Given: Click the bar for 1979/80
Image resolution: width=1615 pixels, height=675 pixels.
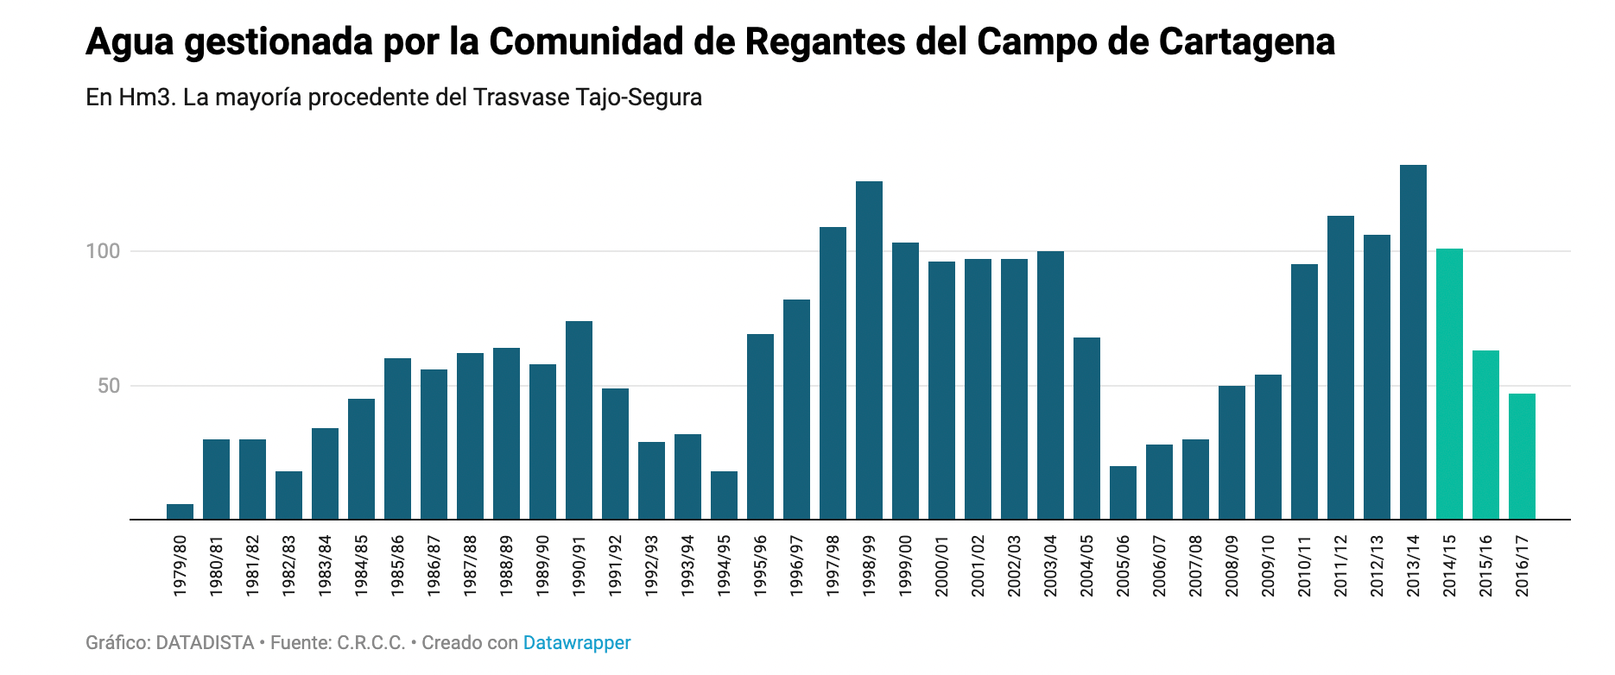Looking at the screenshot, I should click(180, 512).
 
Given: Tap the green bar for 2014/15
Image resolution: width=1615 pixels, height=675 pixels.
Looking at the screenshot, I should click(1449, 384).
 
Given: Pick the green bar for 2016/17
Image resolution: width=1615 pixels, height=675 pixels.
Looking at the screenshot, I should click(1522, 457).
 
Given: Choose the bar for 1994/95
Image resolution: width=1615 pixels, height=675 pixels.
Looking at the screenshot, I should click(724, 495).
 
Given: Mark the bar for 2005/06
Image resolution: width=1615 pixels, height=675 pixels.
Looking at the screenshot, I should click(1123, 493).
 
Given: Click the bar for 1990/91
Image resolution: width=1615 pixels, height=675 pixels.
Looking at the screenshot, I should click(579, 420).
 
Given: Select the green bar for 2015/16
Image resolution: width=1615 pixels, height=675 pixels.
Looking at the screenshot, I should click(1485, 435).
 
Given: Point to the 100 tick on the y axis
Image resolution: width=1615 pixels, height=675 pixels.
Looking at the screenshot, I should click(103, 251).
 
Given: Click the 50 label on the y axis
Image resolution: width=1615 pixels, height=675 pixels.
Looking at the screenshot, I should click(109, 386).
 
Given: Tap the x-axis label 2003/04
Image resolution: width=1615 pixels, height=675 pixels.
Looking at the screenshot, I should click(1050, 565).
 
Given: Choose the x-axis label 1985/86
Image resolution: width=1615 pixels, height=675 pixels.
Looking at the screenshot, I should click(397, 565).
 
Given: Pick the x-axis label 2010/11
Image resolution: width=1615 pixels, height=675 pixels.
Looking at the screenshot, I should click(1304, 565).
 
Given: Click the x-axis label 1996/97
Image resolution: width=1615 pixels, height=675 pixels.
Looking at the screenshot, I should click(796, 565).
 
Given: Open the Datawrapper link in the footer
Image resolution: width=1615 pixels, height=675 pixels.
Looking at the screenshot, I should click(577, 643).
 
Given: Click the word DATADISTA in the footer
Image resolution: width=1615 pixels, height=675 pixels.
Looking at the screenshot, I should click(205, 643).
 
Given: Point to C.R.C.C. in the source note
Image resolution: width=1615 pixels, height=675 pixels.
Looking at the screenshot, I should click(370, 643).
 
